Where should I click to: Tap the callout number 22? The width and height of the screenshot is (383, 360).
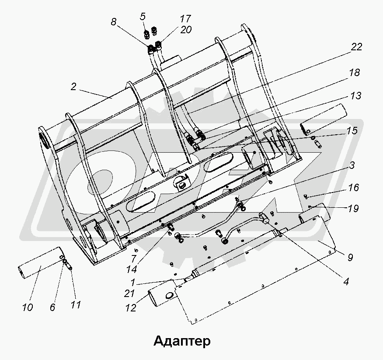(x=357, y=47)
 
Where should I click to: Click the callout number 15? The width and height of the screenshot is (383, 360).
(x=352, y=130)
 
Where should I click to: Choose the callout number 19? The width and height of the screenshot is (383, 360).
(x=353, y=209)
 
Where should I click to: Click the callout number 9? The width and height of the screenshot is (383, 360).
(x=350, y=258)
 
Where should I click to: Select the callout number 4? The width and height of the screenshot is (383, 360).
(x=345, y=282)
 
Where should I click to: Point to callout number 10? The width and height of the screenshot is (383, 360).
(x=28, y=308)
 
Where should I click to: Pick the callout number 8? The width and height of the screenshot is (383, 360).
(x=114, y=22)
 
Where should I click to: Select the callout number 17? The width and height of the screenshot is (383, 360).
(x=185, y=19)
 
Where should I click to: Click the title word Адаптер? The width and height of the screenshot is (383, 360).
(x=182, y=340)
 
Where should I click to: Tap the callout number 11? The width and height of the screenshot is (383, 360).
(x=76, y=305)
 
